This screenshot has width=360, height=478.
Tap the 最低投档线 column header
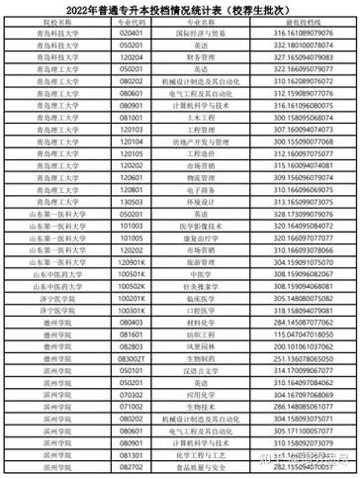(x=297, y=20)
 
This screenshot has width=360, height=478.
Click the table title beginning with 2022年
(x=180, y=7)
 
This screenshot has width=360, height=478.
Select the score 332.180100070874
(x=297, y=45)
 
